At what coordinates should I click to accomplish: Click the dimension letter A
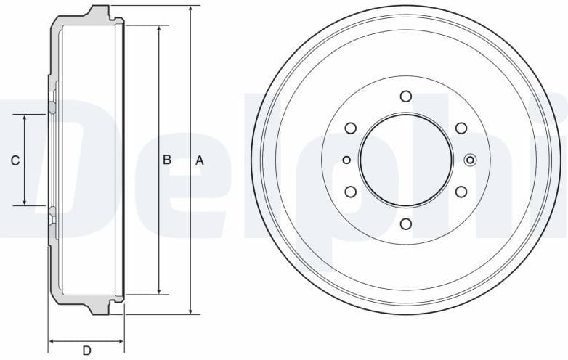pyautogui.click(x=200, y=160)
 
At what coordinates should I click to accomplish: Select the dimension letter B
pyautogui.click(x=166, y=160)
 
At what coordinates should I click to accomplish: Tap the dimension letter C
pyautogui.click(x=15, y=160)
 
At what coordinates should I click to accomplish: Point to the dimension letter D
pyautogui.click(x=86, y=351)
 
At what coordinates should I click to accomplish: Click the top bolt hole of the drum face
pyautogui.click(x=406, y=96)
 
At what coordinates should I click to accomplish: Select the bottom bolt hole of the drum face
pyautogui.click(x=406, y=224)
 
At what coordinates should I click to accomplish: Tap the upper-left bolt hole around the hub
pyautogui.click(x=351, y=128)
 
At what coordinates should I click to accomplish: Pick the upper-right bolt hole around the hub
pyautogui.click(x=461, y=128)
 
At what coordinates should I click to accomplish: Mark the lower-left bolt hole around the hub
pyautogui.click(x=351, y=192)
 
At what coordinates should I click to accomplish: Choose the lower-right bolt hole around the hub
pyautogui.click(x=461, y=192)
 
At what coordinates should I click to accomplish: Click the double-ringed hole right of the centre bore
pyautogui.click(x=470, y=160)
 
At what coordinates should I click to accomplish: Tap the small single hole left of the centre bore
pyautogui.click(x=346, y=160)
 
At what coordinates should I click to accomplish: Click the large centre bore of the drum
pyautogui.click(x=406, y=160)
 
